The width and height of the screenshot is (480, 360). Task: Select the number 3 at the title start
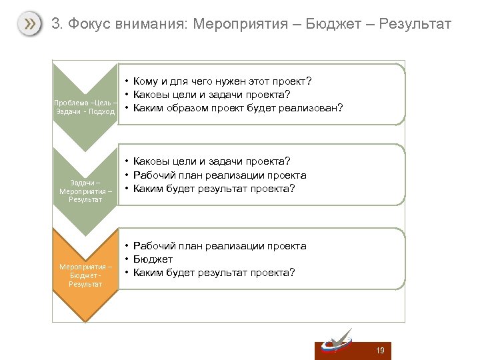pos(56,25)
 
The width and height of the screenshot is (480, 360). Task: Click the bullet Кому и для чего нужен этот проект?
pos(223,81)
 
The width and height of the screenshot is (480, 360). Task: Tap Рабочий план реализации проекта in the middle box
pos(220,175)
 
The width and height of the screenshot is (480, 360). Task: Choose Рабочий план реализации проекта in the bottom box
pos(220,246)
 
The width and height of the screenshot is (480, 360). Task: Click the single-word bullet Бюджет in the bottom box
pos(153,259)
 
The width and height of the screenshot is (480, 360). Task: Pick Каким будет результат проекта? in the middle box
pos(214,189)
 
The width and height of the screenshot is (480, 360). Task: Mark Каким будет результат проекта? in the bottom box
pos(214,273)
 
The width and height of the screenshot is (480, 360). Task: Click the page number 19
pos(381,351)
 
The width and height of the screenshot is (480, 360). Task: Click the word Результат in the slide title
pos(415,25)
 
